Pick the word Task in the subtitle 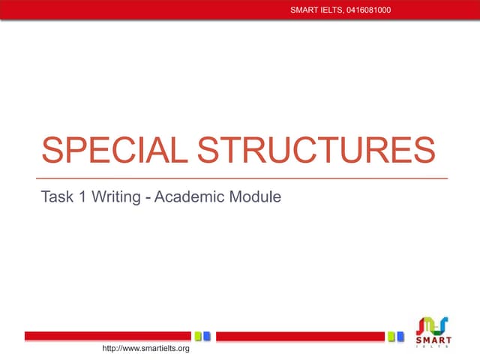56,198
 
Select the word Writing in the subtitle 115,198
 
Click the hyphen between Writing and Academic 147,199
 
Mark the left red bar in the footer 108,336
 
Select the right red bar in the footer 301,336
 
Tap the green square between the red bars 198,336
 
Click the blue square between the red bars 207,336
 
